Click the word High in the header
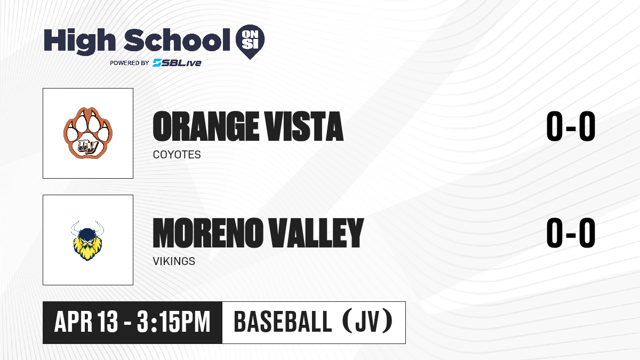(79, 41)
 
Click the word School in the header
(177, 39)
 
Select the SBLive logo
(177, 62)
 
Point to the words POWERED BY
(130, 63)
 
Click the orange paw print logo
(88, 133)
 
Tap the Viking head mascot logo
(87, 241)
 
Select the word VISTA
(303, 126)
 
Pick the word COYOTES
(177, 155)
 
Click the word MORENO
(207, 233)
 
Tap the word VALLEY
(315, 233)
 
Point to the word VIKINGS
(174, 261)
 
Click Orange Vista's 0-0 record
(571, 126)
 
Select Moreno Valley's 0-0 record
(571, 233)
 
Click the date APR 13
(86, 322)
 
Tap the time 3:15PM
(173, 322)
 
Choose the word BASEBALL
(283, 322)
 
